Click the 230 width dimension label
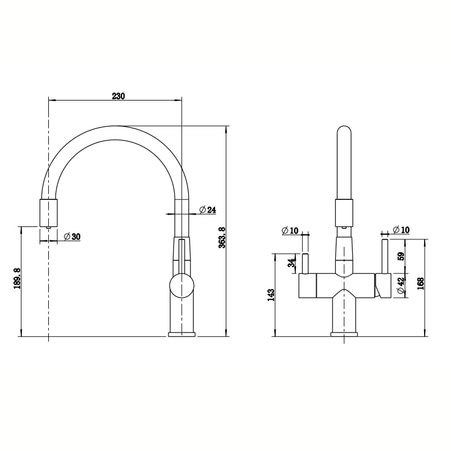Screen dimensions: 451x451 tap(119, 96)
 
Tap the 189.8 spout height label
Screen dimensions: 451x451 tap(17, 279)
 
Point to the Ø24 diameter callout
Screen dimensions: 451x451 tap(207, 210)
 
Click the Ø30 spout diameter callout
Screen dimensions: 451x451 tap(72, 236)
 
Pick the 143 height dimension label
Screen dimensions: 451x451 tap(271, 295)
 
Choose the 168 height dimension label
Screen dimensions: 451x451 tap(421, 284)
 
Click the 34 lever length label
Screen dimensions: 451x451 tap(291, 263)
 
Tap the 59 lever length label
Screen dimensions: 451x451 tap(400, 256)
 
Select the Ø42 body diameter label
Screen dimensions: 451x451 tap(401, 285)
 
